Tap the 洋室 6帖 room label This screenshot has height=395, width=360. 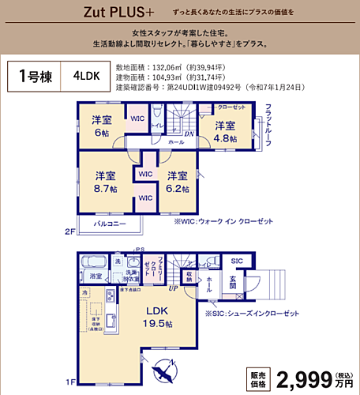102,126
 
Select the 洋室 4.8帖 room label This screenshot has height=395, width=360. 225,130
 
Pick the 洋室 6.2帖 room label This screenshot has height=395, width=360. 177,182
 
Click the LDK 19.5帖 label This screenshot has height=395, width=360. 156,314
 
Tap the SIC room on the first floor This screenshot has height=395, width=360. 236,261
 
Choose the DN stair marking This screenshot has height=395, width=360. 189,134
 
